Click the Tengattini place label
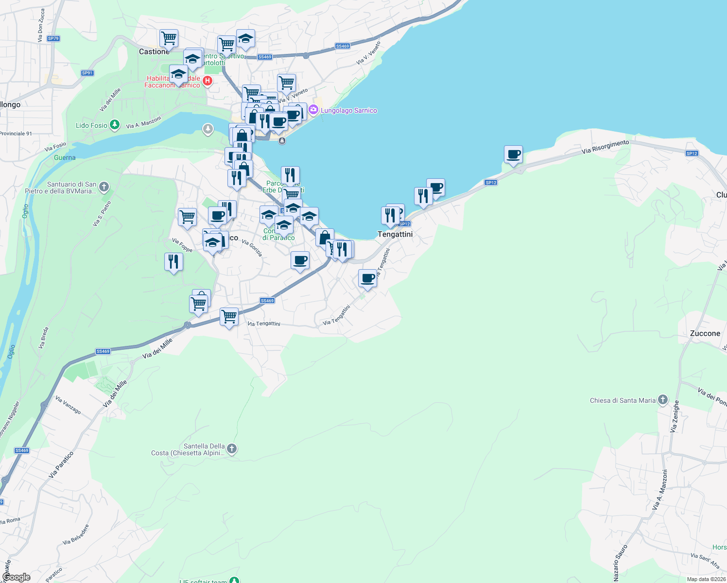[395, 234]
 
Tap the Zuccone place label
[705, 333]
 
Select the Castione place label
[154, 51]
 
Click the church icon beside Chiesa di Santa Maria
[663, 400]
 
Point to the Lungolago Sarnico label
[348, 110]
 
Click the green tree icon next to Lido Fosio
[115, 125]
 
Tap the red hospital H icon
[208, 81]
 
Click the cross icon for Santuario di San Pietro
[104, 187]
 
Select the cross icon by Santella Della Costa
[232, 449]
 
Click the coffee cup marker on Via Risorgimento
[513, 155]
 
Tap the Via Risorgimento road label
[605, 147]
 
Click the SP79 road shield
[53, 38]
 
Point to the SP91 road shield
[87, 73]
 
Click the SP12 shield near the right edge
[692, 154]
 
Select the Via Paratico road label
[61, 464]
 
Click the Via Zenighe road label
[675, 416]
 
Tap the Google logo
[17, 577]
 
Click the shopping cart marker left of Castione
[169, 37]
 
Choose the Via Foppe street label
[182, 245]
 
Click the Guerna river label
[65, 157]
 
